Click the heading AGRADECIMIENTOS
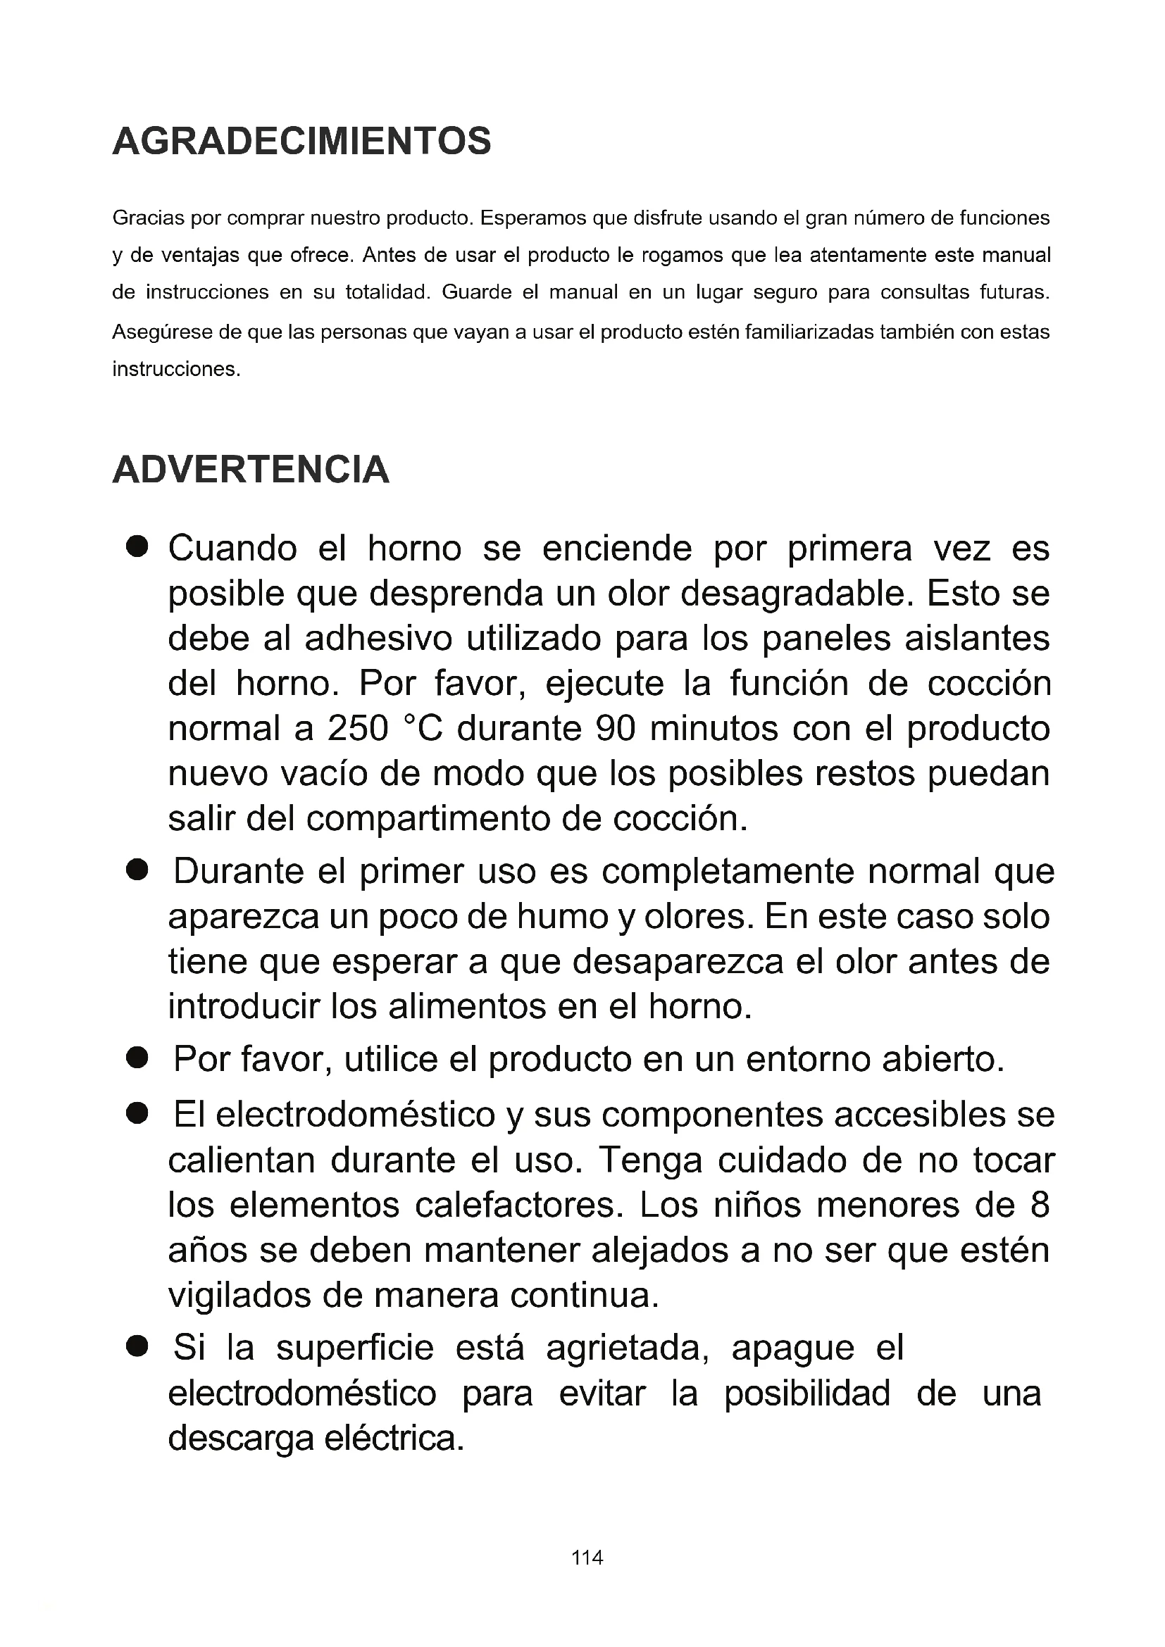point(302,141)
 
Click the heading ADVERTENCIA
point(251,470)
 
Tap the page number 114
point(587,1558)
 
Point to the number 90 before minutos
point(616,729)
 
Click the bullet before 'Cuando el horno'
point(137,546)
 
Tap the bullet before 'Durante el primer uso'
point(137,871)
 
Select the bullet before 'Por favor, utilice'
point(137,1058)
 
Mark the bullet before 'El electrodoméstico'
point(137,1114)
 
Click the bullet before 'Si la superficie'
point(137,1346)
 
